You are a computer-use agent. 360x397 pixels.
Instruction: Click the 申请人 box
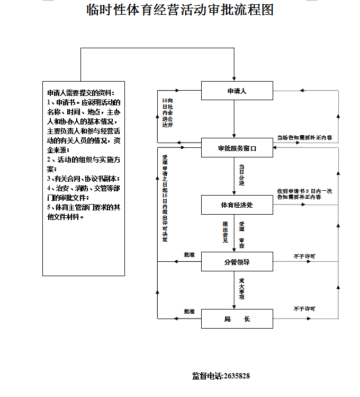[x=237, y=91]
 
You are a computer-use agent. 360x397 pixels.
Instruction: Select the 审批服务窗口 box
[x=237, y=148]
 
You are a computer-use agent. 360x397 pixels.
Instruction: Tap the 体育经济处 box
[x=237, y=205]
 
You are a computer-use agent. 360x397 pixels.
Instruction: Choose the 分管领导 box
[x=237, y=261]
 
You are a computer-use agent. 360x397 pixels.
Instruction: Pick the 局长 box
[x=237, y=319]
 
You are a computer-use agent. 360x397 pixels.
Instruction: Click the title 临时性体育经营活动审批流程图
[x=180, y=10]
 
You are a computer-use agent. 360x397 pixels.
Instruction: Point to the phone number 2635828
[x=237, y=376]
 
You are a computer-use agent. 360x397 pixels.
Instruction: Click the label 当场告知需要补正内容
[x=304, y=138]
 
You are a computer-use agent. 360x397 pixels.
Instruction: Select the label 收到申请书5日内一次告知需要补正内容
[x=304, y=193]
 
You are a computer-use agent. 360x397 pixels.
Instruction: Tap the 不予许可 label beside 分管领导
[x=304, y=257]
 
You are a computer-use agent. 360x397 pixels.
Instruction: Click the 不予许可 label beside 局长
[x=304, y=309]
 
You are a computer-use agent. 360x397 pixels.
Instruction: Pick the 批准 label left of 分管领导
[x=189, y=255]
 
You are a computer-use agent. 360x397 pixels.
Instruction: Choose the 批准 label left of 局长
[x=189, y=311]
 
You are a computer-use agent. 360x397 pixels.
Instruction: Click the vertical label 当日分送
[x=241, y=175]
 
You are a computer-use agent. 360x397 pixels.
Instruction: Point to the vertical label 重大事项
[x=241, y=289]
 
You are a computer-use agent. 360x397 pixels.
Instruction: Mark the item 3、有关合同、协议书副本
[x=83, y=179]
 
